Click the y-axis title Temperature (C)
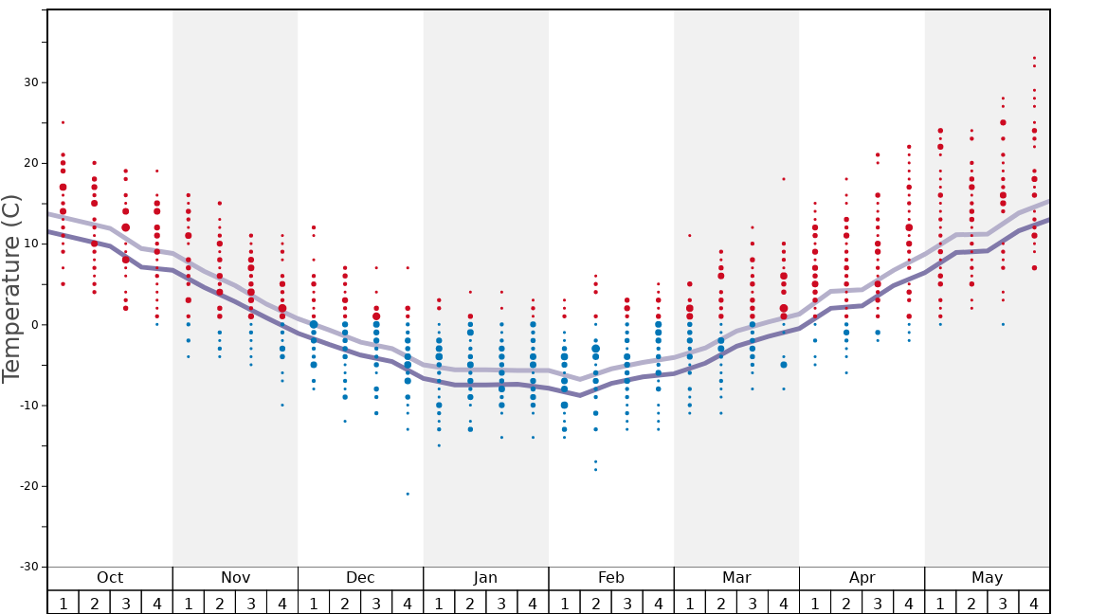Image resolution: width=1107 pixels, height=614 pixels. [11, 288]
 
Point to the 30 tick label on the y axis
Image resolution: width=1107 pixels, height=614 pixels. [30, 82]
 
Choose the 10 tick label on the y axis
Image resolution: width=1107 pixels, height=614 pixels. [30, 244]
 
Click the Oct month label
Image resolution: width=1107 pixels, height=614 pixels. [110, 578]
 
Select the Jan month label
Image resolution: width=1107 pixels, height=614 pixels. [485, 578]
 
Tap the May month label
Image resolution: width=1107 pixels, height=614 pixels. [987, 578]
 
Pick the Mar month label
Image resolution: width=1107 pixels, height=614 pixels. [736, 578]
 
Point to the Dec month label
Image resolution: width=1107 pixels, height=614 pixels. [360, 578]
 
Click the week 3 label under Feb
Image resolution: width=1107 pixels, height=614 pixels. [626, 603]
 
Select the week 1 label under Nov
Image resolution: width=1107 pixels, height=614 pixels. [188, 603]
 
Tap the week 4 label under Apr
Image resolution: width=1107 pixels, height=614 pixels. [908, 603]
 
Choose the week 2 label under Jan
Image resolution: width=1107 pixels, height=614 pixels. [470, 603]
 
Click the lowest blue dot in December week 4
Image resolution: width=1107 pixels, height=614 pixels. [408, 494]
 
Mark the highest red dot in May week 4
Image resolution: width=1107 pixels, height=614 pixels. [1034, 58]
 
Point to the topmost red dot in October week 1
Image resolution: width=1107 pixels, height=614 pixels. [63, 122]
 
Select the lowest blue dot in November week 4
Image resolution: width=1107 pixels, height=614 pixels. [281, 406]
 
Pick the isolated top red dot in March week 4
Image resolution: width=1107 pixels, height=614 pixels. [783, 179]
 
